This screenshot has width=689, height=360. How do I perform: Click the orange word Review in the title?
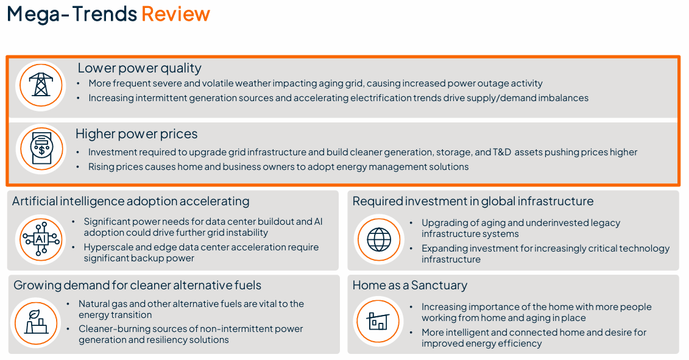click(x=176, y=14)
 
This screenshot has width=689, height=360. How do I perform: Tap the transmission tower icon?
click(x=41, y=85)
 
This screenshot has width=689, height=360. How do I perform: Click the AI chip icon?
click(x=41, y=239)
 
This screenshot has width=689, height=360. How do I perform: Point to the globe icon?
click(x=379, y=239)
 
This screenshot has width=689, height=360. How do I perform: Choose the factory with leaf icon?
click(x=36, y=323)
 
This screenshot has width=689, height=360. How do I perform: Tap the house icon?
click(x=378, y=321)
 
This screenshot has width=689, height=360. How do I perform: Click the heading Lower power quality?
click(x=140, y=68)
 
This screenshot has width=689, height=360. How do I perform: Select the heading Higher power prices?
click(x=136, y=133)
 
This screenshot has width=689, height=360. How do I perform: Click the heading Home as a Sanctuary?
click(x=409, y=285)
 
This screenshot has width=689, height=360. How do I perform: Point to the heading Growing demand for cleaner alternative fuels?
click(x=137, y=285)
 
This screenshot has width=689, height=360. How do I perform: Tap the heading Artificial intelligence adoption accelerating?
click(x=130, y=201)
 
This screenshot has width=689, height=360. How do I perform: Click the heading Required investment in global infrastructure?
click(x=473, y=201)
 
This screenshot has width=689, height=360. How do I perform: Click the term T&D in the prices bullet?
click(x=502, y=152)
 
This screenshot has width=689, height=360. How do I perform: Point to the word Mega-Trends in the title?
click(x=72, y=14)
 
